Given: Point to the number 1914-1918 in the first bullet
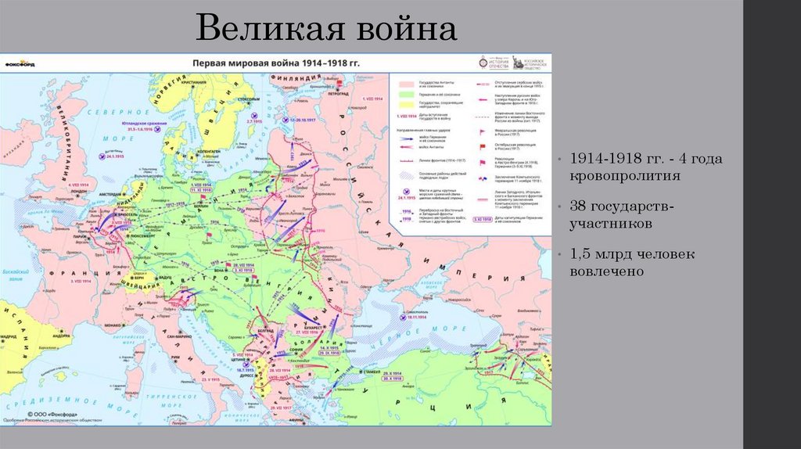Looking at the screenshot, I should tap(607, 159).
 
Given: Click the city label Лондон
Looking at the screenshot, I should tap(78, 189).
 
